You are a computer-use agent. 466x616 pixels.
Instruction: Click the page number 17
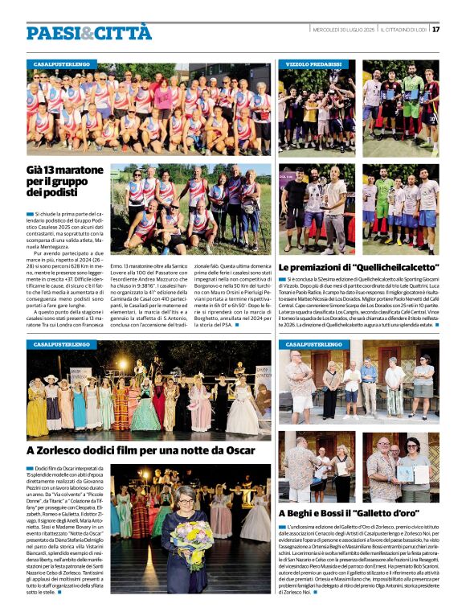435,30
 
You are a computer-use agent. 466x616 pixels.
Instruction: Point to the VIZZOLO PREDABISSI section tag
313,64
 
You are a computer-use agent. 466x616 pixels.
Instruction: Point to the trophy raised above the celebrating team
409,69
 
